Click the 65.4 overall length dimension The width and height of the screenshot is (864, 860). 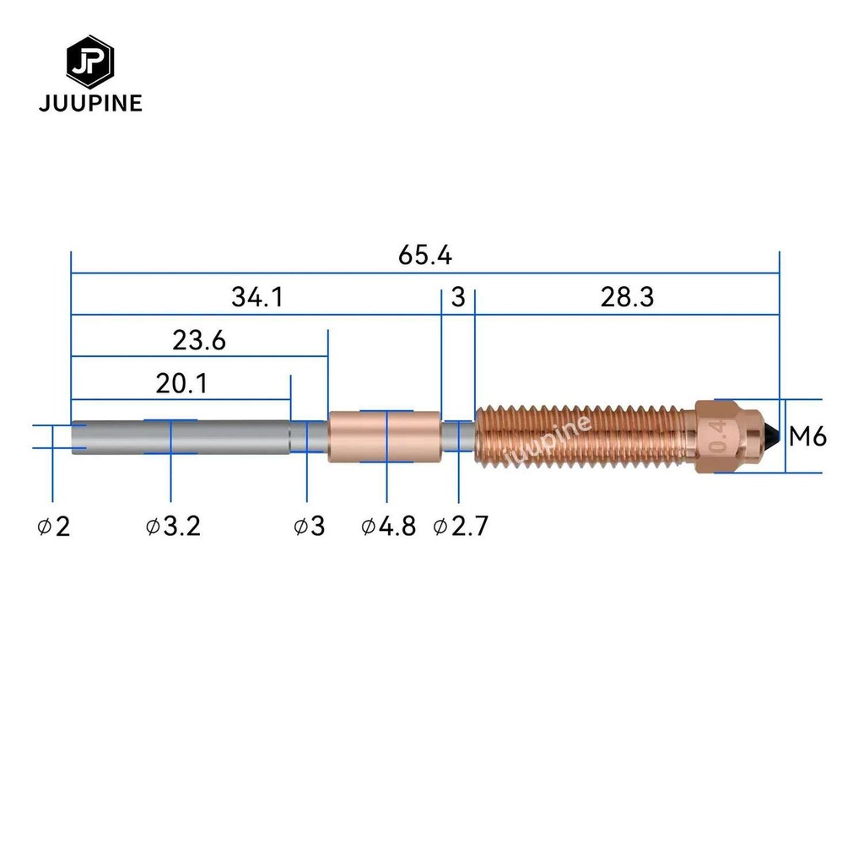coord(425,255)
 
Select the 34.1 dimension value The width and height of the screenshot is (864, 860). coord(257,297)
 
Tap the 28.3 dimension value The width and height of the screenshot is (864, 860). coord(627,297)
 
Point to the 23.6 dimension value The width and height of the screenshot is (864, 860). coord(199,340)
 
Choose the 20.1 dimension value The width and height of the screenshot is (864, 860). coord(181,384)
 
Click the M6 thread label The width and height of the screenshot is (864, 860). coord(807,436)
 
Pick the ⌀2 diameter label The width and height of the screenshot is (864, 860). coord(54,527)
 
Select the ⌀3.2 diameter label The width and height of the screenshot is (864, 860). coord(173,527)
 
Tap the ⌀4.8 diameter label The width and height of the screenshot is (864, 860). coord(388,527)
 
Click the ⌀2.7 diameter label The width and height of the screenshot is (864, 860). coord(461,527)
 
